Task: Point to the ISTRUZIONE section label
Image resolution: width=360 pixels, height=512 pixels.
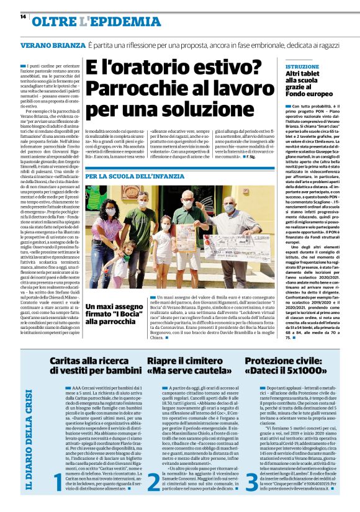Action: [297, 66]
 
